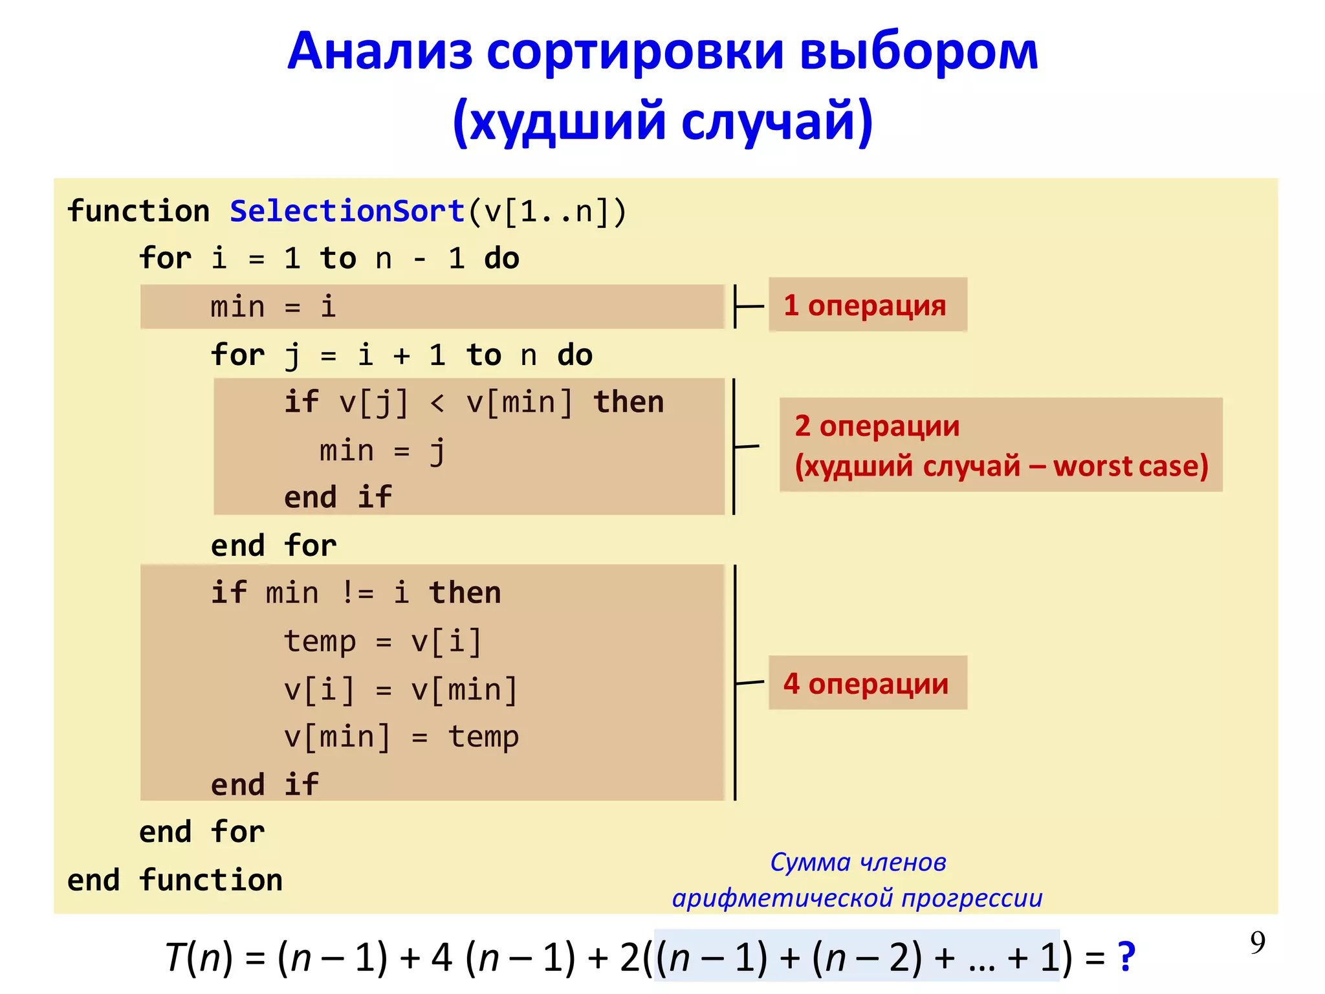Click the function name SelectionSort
click(347, 212)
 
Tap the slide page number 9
click(1257, 942)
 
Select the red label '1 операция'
click(865, 305)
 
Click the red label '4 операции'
click(866, 683)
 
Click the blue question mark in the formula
click(1126, 956)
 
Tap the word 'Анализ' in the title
click(380, 51)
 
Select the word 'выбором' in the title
click(919, 51)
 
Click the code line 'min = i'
click(273, 307)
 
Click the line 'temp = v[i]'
click(383, 641)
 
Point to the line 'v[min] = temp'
click(401, 737)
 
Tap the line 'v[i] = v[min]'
click(401, 689)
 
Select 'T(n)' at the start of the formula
click(198, 957)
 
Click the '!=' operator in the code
click(357, 593)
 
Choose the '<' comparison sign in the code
click(437, 403)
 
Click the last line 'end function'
click(175, 880)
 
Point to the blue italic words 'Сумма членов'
click(858, 863)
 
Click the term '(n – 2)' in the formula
click(866, 957)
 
